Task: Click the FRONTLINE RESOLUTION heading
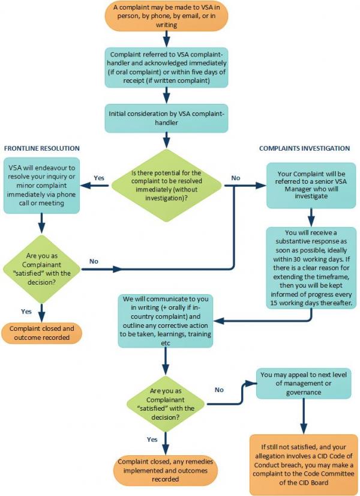[42, 148]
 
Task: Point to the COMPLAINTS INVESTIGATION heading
[304, 148]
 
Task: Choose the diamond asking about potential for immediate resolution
[166, 186]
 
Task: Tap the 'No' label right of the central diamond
[235, 178]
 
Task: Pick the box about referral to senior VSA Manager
[308, 184]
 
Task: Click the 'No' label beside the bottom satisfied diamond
[220, 390]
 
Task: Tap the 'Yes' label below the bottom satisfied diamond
[152, 439]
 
